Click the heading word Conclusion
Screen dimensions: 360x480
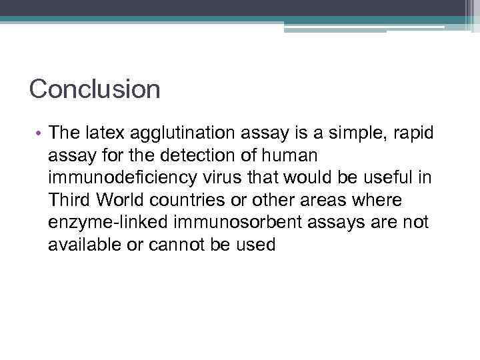[95, 89]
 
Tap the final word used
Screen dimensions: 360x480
[255, 245]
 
